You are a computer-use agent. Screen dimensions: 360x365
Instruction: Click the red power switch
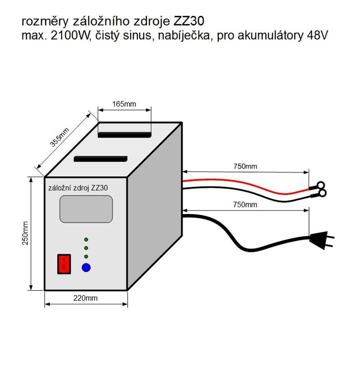(x=64, y=264)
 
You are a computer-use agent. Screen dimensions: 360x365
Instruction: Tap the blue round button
(x=86, y=267)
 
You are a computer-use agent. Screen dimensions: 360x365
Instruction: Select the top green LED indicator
(x=86, y=239)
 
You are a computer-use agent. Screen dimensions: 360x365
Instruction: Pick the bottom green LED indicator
(x=86, y=256)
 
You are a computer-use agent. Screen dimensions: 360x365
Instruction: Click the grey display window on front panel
(x=86, y=209)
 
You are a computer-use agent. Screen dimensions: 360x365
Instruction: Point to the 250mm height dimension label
(x=25, y=233)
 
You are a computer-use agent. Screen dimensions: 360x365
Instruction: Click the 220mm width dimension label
(x=85, y=298)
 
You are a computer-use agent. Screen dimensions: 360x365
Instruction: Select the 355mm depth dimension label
(x=60, y=137)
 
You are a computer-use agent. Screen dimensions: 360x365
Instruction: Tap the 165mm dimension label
(x=124, y=104)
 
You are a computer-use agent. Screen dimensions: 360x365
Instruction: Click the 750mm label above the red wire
(x=245, y=166)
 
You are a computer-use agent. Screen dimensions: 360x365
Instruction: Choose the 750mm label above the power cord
(x=245, y=204)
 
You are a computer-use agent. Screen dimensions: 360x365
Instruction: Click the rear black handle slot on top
(x=125, y=135)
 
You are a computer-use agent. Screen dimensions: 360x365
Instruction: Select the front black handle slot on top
(x=100, y=159)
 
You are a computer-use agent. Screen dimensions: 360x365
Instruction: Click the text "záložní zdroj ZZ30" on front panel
(x=78, y=188)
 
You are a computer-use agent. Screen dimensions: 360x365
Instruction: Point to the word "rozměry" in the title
(x=45, y=21)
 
